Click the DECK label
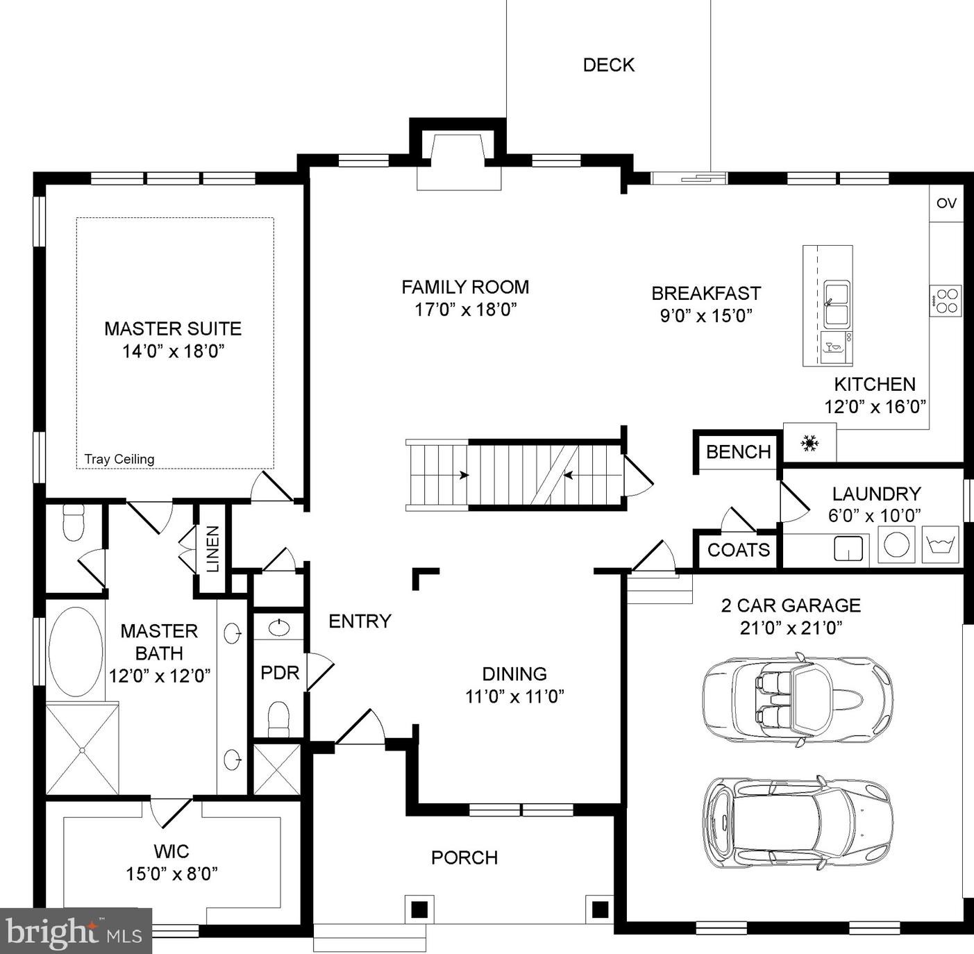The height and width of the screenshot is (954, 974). click(609, 65)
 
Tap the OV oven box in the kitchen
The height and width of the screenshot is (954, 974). click(946, 203)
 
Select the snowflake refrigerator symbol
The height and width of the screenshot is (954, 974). click(809, 443)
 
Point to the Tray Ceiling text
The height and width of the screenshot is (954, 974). click(119, 459)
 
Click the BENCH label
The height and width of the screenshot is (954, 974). click(739, 451)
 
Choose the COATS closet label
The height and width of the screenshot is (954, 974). click(739, 549)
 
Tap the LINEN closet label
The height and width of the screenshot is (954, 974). click(213, 549)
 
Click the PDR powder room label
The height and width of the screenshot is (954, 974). click(280, 672)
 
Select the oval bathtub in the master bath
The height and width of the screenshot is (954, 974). click(76, 652)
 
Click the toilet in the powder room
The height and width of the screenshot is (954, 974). click(278, 719)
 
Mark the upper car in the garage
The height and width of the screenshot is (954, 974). click(798, 699)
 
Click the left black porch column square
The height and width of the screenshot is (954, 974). click(419, 910)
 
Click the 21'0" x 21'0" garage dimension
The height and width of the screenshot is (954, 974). click(791, 628)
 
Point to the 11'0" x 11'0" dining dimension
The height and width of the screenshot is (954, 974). click(514, 696)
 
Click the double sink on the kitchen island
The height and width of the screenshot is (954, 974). click(837, 304)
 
